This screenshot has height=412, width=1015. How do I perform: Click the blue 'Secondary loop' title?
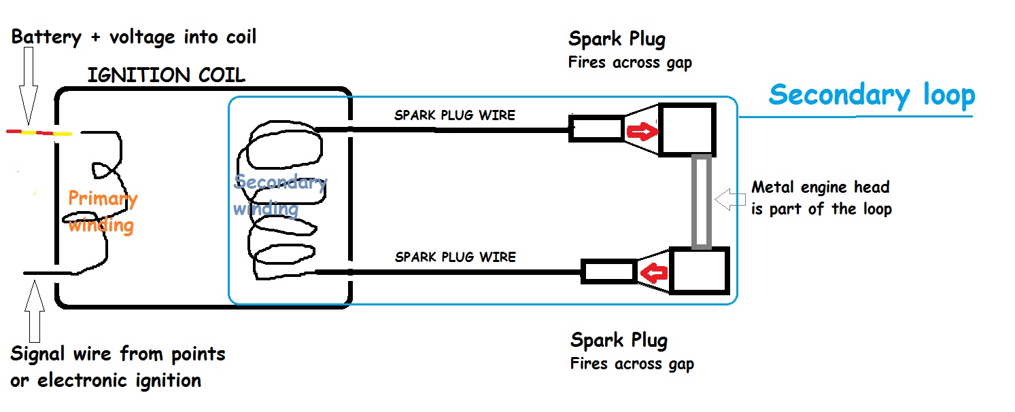point(872,95)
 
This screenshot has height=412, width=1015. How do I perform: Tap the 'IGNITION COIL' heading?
point(166,75)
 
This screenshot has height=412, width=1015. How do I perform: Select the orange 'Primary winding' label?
point(103,211)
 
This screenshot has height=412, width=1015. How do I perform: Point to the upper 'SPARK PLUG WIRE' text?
point(455,115)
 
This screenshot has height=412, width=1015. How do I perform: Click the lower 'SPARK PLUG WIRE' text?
point(455,257)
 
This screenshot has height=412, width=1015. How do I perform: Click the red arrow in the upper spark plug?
point(642,130)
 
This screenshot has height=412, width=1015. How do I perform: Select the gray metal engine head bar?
point(702,202)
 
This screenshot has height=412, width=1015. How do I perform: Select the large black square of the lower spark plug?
point(700,271)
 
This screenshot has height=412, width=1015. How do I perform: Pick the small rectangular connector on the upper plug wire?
point(596,129)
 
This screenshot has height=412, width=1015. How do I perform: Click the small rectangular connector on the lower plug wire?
point(608,272)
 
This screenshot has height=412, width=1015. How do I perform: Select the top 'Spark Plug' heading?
point(617,39)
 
